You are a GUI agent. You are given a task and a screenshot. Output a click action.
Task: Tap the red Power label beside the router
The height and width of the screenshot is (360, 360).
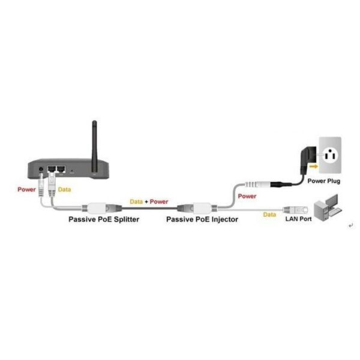pyautogui.click(x=27, y=189)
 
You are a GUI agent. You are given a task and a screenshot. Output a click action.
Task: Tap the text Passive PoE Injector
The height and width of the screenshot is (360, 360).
pyautogui.click(x=202, y=220)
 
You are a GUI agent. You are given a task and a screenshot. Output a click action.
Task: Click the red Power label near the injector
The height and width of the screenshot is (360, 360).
pyautogui.click(x=247, y=196)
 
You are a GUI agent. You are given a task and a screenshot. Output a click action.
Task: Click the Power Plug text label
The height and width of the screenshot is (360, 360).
pyautogui.click(x=324, y=180)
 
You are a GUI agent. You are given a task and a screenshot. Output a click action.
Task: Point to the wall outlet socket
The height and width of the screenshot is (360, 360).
pyautogui.click(x=329, y=156)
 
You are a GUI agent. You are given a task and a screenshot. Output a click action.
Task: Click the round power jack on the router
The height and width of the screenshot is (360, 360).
pyautogui.click(x=40, y=170)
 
